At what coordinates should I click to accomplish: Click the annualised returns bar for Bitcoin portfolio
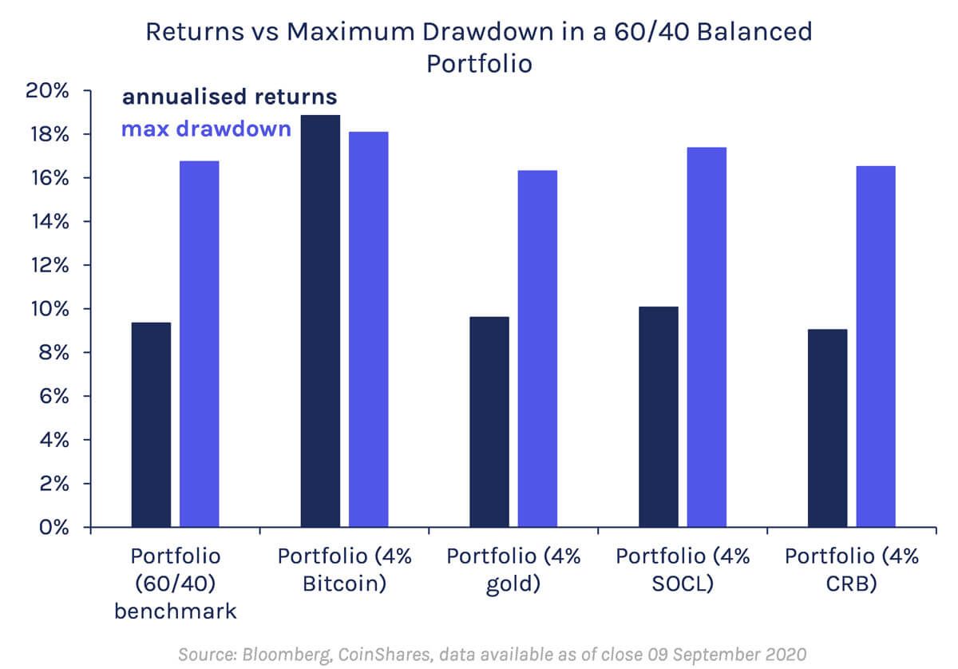click(320, 321)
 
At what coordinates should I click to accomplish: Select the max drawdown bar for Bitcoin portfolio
click(368, 329)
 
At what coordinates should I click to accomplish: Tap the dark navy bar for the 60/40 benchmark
click(151, 425)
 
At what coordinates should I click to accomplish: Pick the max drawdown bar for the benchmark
click(199, 344)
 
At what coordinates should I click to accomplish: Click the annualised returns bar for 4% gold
click(489, 422)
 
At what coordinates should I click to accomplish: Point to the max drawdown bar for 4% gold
click(537, 349)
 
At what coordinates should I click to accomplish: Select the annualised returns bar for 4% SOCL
click(659, 417)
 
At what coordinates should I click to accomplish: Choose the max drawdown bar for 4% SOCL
click(707, 337)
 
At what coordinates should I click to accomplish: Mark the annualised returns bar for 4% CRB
click(828, 428)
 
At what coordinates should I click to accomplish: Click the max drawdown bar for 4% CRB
click(876, 346)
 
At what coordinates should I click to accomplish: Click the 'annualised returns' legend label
click(229, 97)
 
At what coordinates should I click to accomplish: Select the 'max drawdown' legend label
click(206, 128)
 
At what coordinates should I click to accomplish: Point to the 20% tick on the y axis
click(50, 91)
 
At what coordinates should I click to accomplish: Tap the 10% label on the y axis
click(50, 309)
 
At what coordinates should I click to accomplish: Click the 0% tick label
click(56, 528)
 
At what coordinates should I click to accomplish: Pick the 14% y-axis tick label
click(50, 222)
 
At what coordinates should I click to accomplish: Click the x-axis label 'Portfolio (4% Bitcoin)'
click(345, 569)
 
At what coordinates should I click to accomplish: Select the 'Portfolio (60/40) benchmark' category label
click(175, 583)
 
